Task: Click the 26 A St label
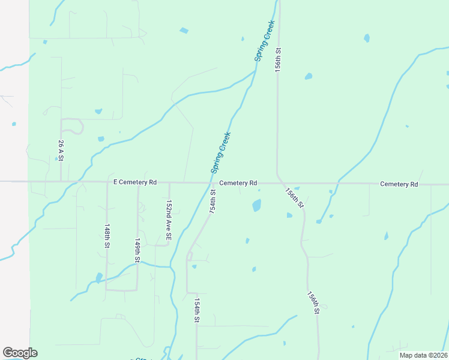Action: click(x=61, y=151)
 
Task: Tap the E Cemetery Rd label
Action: click(x=135, y=182)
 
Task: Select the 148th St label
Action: click(x=107, y=237)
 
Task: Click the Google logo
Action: click(x=20, y=353)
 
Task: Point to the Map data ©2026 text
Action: click(x=423, y=355)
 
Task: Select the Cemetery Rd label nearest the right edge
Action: click(x=399, y=184)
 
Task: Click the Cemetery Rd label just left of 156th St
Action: click(x=238, y=182)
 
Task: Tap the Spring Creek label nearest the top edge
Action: click(x=264, y=40)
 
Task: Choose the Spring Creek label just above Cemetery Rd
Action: click(x=221, y=152)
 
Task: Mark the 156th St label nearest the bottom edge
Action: click(x=313, y=303)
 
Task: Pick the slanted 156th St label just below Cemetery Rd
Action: click(x=295, y=198)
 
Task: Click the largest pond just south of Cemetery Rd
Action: click(x=257, y=205)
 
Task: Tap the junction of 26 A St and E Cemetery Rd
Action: click(x=61, y=181)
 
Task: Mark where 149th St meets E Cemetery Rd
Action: click(x=138, y=182)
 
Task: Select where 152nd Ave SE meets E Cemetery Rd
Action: click(x=169, y=182)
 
